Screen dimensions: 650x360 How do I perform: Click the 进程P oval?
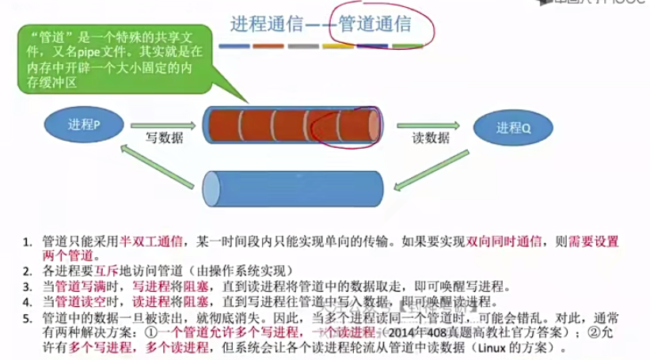[x=83, y=124]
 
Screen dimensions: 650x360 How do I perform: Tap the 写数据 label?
[x=164, y=137]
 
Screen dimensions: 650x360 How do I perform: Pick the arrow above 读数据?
[x=428, y=123]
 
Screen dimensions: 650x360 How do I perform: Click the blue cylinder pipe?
[x=293, y=188]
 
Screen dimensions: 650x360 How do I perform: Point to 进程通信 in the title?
[x=266, y=24]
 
